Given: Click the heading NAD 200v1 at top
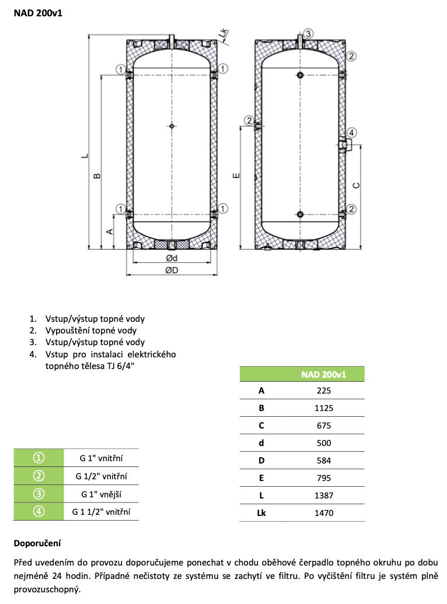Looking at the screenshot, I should pyautogui.click(x=38, y=12).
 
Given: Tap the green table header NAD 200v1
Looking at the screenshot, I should pyautogui.click(x=324, y=374).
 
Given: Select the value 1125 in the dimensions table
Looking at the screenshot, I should pyautogui.click(x=324, y=409).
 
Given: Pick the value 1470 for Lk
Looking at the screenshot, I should pyautogui.click(x=324, y=512).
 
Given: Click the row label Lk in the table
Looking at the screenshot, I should pyautogui.click(x=261, y=512).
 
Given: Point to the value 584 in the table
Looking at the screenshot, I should pyautogui.click(x=324, y=461).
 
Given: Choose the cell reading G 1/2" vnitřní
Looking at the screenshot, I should pyautogui.click(x=102, y=476).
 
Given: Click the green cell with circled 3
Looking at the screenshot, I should pyautogui.click(x=38, y=494).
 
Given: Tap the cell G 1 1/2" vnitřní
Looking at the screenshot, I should pyautogui.click(x=102, y=512).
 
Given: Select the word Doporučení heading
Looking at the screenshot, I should pyautogui.click(x=37, y=543).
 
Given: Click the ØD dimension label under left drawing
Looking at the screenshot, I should pyautogui.click(x=171, y=270).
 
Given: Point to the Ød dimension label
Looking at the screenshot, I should pyautogui.click(x=171, y=258).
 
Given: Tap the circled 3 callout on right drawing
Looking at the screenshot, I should pyautogui.click(x=309, y=33).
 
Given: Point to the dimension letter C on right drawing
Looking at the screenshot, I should pyautogui.click(x=357, y=185).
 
